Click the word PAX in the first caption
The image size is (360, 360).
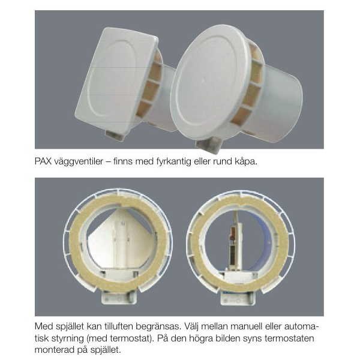(x=43, y=161)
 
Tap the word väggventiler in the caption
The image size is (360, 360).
(x=79, y=162)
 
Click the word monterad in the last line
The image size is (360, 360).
(x=53, y=350)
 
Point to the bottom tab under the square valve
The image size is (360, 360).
(x=115, y=135)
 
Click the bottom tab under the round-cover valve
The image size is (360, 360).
(x=208, y=146)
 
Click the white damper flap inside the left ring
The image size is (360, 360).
(x=119, y=239)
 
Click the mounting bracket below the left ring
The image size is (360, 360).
(x=119, y=298)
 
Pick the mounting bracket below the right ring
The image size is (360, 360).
(x=238, y=298)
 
